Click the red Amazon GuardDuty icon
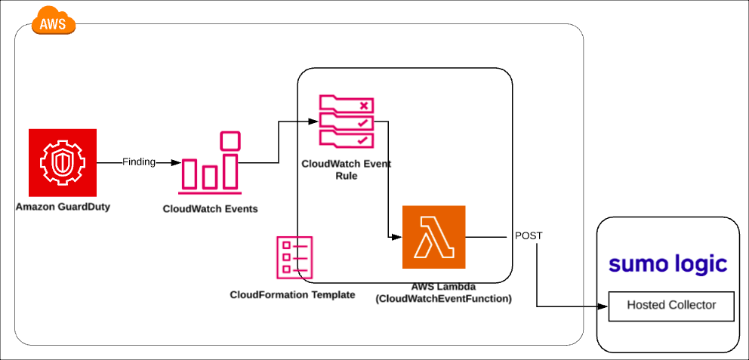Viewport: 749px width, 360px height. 62,162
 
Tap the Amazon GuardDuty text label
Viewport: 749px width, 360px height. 63,207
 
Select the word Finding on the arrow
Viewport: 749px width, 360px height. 139,162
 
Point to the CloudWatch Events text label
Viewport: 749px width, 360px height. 210,208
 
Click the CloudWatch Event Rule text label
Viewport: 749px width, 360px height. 346,169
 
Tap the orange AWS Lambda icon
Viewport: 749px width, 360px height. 434,237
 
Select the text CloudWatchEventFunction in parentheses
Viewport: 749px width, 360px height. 443,299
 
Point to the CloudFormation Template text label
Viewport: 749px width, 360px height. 292,294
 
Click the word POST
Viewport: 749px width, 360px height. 529,235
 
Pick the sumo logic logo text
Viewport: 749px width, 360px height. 668,264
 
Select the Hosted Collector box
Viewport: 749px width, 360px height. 671,306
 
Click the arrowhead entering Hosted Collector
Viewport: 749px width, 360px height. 603,306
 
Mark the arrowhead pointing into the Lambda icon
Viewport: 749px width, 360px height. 396,237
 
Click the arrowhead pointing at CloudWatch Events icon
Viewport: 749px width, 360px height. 175,162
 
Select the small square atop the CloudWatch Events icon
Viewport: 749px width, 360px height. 230,140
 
